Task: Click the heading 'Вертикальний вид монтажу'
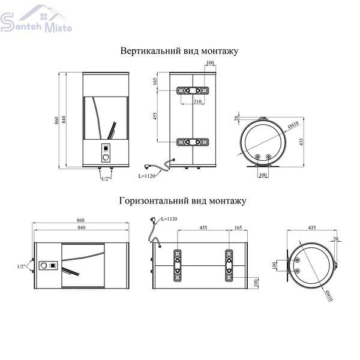[179, 51]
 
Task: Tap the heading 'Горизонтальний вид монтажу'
[183, 201]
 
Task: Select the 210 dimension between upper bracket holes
[197, 101]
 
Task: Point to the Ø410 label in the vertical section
[293, 124]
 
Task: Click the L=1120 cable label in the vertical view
[146, 176]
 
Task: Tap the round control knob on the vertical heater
[106, 157]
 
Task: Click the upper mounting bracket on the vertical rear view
[193, 91]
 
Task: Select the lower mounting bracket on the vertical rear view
[193, 142]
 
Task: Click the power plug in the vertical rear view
[147, 166]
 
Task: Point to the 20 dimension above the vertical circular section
[236, 118]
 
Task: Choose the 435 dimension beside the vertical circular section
[301, 142]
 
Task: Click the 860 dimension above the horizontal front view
[80, 220]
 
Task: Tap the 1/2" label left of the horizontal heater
[21, 266]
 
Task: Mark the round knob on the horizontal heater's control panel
[44, 266]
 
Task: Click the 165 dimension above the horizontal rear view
[238, 227]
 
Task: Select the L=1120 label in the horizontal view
[169, 219]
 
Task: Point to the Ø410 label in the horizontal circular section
[329, 295]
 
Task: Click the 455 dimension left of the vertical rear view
[155, 116]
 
